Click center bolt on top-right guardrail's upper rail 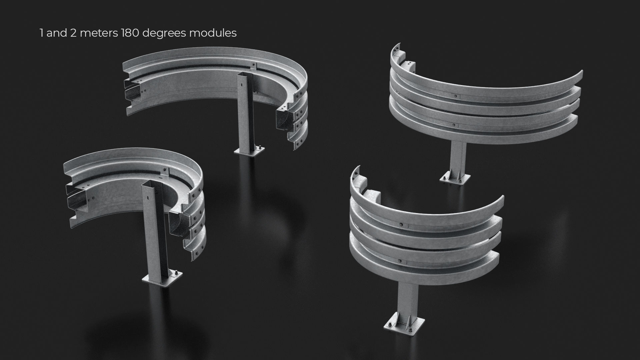click(x=455, y=96)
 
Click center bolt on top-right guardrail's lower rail click(x=453, y=125)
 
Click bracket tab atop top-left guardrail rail click(x=254, y=65)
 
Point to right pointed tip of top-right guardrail click(x=582, y=71)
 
